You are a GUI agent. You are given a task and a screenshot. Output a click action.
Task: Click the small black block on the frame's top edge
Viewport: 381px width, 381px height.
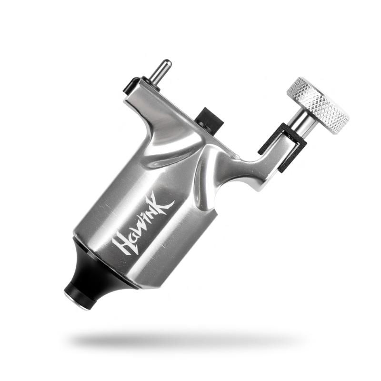tap(210, 119)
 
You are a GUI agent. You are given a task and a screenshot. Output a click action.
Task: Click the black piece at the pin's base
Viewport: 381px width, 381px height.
tap(131, 86)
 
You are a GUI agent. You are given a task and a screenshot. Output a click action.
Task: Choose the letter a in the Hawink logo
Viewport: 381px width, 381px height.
tap(130, 231)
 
